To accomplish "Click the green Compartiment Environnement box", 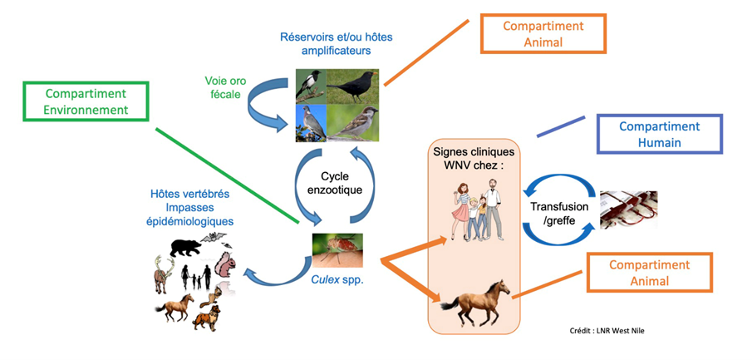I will tap(87, 101).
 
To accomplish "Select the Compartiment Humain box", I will tap(660, 134).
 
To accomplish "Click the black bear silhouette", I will tap(185, 247).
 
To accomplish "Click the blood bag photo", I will tap(629, 210).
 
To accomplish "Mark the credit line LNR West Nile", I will tap(607, 331).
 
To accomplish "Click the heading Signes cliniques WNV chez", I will tap(474, 159).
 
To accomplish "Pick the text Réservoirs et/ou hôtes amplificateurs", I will tap(337, 43).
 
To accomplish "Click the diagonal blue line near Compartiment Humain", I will tap(560, 126).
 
